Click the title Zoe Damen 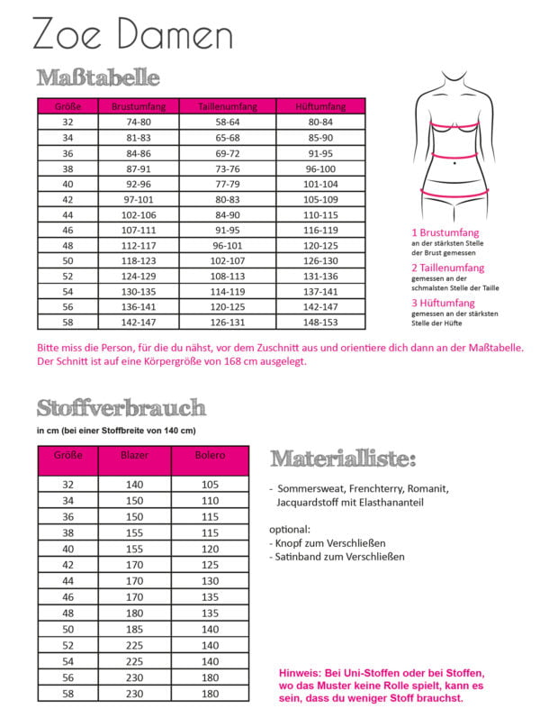tap(132, 36)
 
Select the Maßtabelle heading tap(98, 77)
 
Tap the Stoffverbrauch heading tap(121, 408)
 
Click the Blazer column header tap(134, 457)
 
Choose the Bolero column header tap(209, 457)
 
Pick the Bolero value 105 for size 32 tap(209, 484)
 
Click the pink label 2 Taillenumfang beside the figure tap(447, 268)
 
